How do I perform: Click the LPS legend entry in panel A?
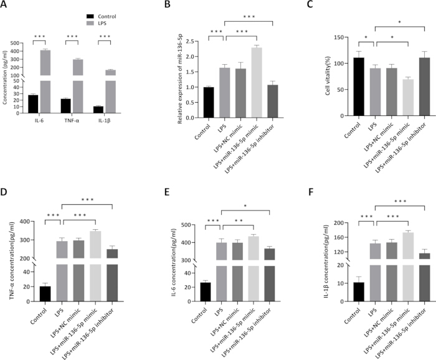(97, 23)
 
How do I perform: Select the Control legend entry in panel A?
(101, 16)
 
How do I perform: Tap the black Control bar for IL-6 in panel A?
(33, 104)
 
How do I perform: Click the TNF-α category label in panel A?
(72, 121)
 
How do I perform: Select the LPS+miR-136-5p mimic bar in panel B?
(257, 83)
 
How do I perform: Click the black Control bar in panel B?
(209, 102)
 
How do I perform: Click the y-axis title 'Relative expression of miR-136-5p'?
(179, 78)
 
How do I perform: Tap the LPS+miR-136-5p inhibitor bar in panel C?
(425, 87)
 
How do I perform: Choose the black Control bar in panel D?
(45, 294)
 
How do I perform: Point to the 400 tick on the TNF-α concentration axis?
(26, 222)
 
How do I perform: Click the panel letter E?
(167, 192)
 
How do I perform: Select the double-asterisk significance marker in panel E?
(239, 221)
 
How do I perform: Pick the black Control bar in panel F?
(359, 292)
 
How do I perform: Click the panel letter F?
(311, 192)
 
